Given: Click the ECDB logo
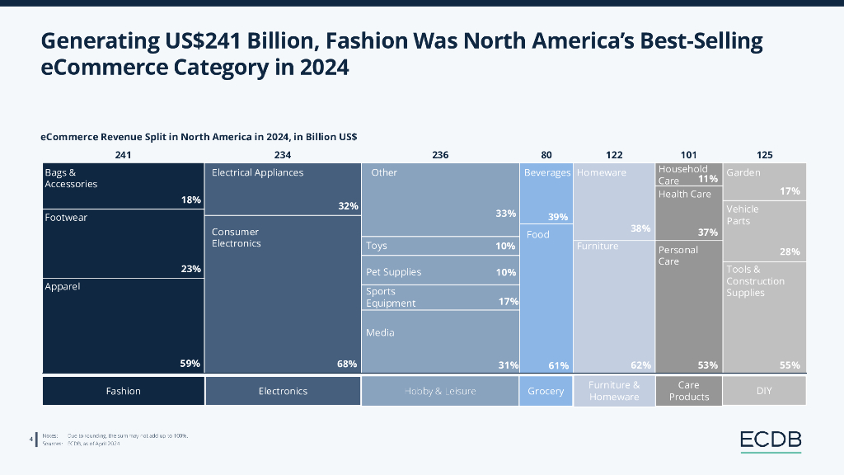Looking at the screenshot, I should coord(770,441).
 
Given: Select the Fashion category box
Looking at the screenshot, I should coord(123,391).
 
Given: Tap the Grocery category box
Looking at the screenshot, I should coord(546,391).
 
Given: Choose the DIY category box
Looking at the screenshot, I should coord(764,391).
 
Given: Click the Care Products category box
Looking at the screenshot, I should coord(688,391).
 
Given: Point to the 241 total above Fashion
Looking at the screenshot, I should coord(123,155).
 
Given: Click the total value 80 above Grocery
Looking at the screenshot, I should coord(546,155).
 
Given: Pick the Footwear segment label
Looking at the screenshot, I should coord(66,218).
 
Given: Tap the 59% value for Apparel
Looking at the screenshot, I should coord(190,364).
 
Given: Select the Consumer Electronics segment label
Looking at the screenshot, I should coord(236,237).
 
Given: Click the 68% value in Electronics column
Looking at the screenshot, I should coord(347,364).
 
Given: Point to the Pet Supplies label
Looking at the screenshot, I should coord(394,272).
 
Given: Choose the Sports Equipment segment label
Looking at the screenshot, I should coord(391,297).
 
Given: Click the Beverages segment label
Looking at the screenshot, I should coord(547,173).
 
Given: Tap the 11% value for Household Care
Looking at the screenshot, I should coord(708,179).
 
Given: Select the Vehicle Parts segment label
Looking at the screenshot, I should coord(743,214).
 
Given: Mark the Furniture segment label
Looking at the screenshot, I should coord(598,246).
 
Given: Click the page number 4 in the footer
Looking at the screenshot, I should coord(30,440).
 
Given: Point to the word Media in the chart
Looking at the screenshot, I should coord(380,332).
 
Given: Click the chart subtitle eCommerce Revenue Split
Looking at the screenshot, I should coord(199,136).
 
